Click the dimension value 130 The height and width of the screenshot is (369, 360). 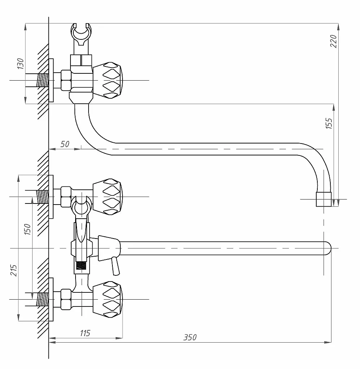coord(21,64)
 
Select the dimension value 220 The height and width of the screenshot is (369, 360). coord(333,41)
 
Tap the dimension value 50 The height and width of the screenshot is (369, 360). coord(65,144)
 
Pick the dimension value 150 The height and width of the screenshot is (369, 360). coord(27,229)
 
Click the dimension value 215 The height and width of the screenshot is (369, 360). coord(13,270)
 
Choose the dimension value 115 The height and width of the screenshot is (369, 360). coord(85,333)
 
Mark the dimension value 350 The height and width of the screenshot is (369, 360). coord(190,337)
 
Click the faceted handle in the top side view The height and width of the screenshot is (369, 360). coord(107,80)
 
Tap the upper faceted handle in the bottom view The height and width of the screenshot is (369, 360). coord(107,197)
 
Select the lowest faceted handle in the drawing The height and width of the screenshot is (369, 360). coord(107,299)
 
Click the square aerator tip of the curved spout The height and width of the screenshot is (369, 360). coord(323,199)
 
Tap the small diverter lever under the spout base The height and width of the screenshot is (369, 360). coord(116,266)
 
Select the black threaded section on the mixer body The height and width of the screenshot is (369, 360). coord(81,266)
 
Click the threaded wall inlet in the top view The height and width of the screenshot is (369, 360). coord(42,81)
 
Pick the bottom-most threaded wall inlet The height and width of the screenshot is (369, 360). coord(42,299)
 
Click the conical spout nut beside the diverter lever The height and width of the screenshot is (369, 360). coord(109,248)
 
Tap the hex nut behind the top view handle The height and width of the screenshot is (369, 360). coord(66,80)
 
